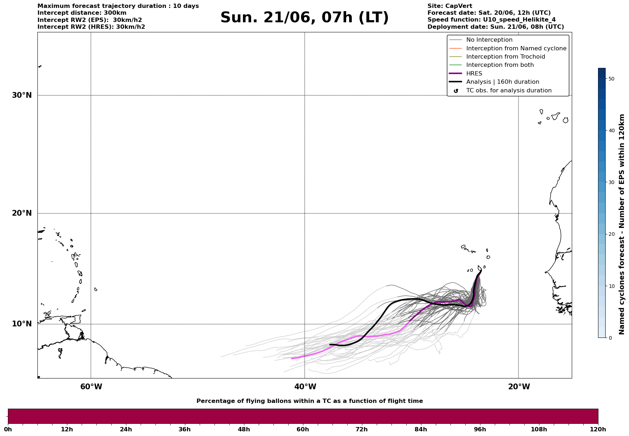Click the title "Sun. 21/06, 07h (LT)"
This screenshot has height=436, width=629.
(304, 18)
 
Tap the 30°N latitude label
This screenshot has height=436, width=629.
(22, 95)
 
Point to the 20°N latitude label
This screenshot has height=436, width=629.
(22, 213)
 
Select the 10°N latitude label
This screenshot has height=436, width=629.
(22, 324)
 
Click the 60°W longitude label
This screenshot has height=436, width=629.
(91, 387)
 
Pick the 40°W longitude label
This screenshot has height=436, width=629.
(305, 387)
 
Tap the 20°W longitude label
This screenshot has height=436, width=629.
(519, 387)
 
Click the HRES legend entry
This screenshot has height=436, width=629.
(474, 74)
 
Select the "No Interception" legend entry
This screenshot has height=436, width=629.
(489, 40)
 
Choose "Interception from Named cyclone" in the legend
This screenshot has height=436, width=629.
(516, 49)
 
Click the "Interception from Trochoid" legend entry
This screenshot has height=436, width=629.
(506, 57)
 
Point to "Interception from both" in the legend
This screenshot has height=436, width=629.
(500, 65)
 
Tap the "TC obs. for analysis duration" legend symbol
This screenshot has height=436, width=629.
(456, 91)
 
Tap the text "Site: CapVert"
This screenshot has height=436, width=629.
(450, 6)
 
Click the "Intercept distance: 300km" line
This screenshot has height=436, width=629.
(82, 13)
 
